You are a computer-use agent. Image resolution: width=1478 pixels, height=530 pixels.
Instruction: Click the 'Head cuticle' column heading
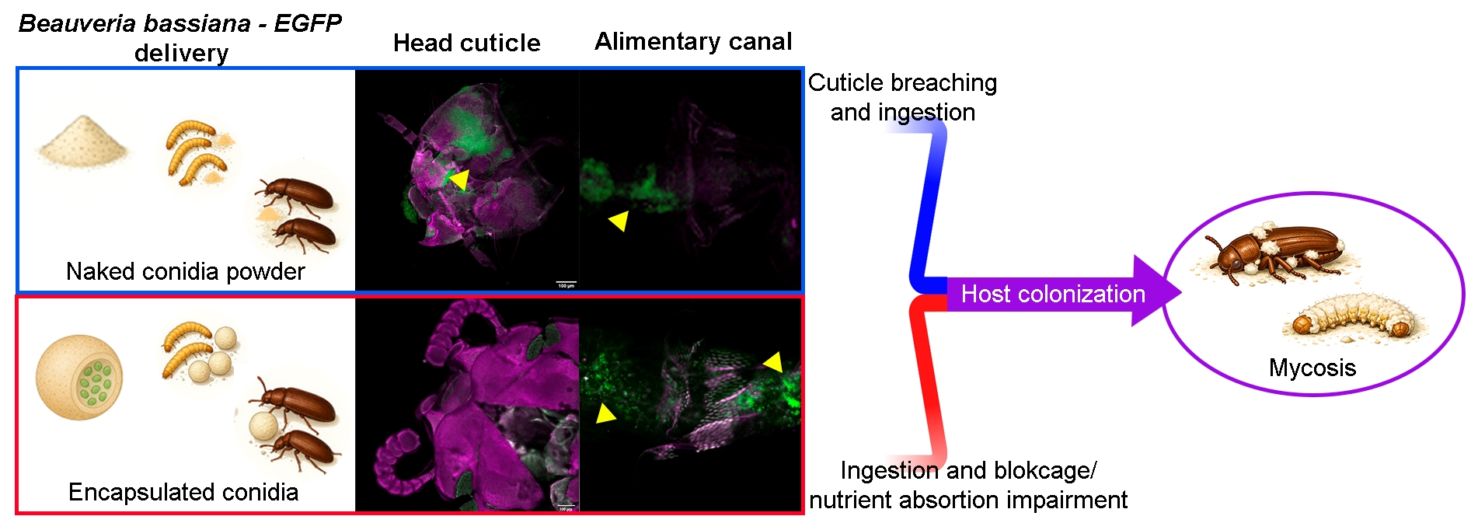(466, 43)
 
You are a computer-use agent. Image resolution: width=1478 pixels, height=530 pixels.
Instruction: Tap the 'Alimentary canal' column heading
(693, 41)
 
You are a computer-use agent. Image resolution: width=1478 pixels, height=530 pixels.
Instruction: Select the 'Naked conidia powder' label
(185, 271)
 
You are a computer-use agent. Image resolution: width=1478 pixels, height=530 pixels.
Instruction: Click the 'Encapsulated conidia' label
(183, 492)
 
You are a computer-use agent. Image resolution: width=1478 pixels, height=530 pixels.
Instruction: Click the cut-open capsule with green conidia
(79, 377)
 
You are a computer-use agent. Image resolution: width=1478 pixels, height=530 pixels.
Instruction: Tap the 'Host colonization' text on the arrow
(1053, 294)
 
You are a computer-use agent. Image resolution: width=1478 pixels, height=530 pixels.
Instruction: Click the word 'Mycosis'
(1312, 368)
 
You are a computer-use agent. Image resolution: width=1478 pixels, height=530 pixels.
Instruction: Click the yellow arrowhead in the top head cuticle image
(459, 180)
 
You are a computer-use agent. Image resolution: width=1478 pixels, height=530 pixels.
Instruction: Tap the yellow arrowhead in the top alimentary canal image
(619, 221)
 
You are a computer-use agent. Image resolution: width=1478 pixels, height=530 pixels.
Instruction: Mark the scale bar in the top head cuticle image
(566, 282)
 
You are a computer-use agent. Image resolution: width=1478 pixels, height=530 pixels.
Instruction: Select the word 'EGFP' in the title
(307, 23)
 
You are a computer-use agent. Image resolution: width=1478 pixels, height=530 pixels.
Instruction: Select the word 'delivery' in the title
(181, 53)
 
